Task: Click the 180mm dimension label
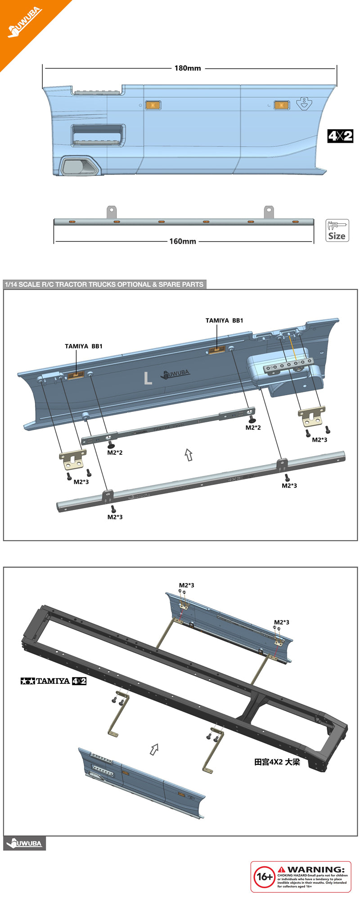188,68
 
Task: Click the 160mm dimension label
183,241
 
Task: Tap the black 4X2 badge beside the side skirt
340,136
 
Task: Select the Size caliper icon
337,231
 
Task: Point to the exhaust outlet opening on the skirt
79,167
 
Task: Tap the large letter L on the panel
148,378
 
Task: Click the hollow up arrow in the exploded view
189,455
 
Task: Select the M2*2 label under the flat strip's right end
253,427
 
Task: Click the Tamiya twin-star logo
28,681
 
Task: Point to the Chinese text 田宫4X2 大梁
277,762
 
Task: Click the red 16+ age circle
264,877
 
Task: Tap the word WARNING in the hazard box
316,869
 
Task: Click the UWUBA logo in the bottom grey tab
25,843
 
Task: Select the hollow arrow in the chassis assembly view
154,749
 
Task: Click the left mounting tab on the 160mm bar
111,212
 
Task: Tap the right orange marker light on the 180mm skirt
282,105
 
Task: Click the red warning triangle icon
282,869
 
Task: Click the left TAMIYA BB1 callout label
84,346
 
